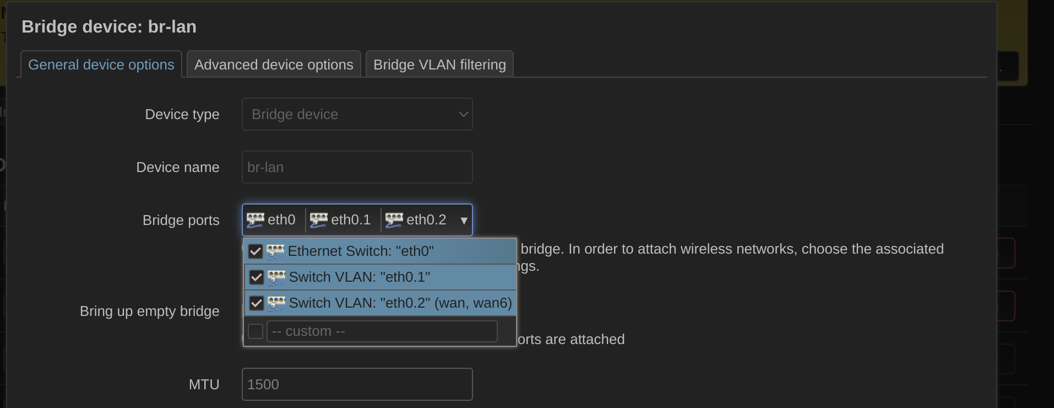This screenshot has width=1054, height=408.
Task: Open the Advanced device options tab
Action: click(x=274, y=65)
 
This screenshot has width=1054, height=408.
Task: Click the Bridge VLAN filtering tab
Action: click(x=439, y=65)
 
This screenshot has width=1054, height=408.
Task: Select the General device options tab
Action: click(x=101, y=65)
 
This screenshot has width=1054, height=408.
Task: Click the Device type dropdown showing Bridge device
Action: click(x=357, y=114)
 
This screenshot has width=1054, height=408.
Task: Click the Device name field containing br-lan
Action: click(x=357, y=167)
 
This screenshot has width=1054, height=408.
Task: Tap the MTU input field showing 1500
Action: click(x=357, y=384)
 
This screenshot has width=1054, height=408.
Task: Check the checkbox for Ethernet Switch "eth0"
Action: click(x=255, y=251)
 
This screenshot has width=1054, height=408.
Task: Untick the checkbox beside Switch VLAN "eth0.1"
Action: click(x=256, y=277)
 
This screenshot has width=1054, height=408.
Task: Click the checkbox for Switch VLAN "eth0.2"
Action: click(x=256, y=303)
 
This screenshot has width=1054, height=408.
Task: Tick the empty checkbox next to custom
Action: click(x=256, y=331)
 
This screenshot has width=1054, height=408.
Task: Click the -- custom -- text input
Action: click(x=382, y=331)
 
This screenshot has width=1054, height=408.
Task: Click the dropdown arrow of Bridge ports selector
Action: click(x=464, y=221)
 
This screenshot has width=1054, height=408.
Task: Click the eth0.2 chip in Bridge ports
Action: click(x=416, y=220)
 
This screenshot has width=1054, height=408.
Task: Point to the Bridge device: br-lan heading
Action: click(x=109, y=26)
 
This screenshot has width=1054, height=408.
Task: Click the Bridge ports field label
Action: click(x=181, y=220)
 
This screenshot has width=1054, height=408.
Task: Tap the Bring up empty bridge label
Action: click(x=150, y=312)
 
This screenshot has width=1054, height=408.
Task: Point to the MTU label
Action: click(x=204, y=384)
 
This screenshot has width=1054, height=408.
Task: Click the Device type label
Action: click(x=182, y=114)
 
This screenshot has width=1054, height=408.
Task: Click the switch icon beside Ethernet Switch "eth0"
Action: click(x=275, y=251)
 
